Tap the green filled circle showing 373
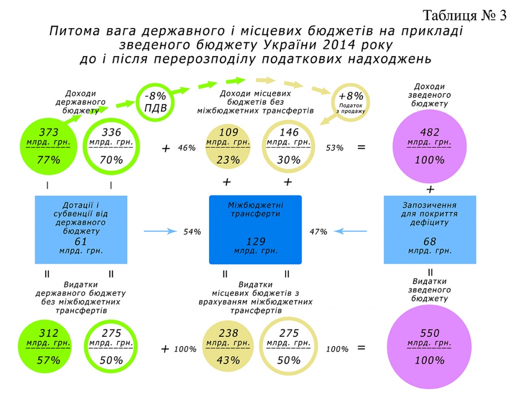pos(49,145)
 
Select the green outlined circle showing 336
pos(111,145)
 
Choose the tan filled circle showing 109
pos(228,145)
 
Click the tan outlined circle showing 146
pos(289,145)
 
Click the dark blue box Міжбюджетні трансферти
pos(256,229)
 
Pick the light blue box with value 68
pos(430,229)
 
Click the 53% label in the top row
pos(335,148)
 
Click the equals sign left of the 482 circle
pos(361,147)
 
